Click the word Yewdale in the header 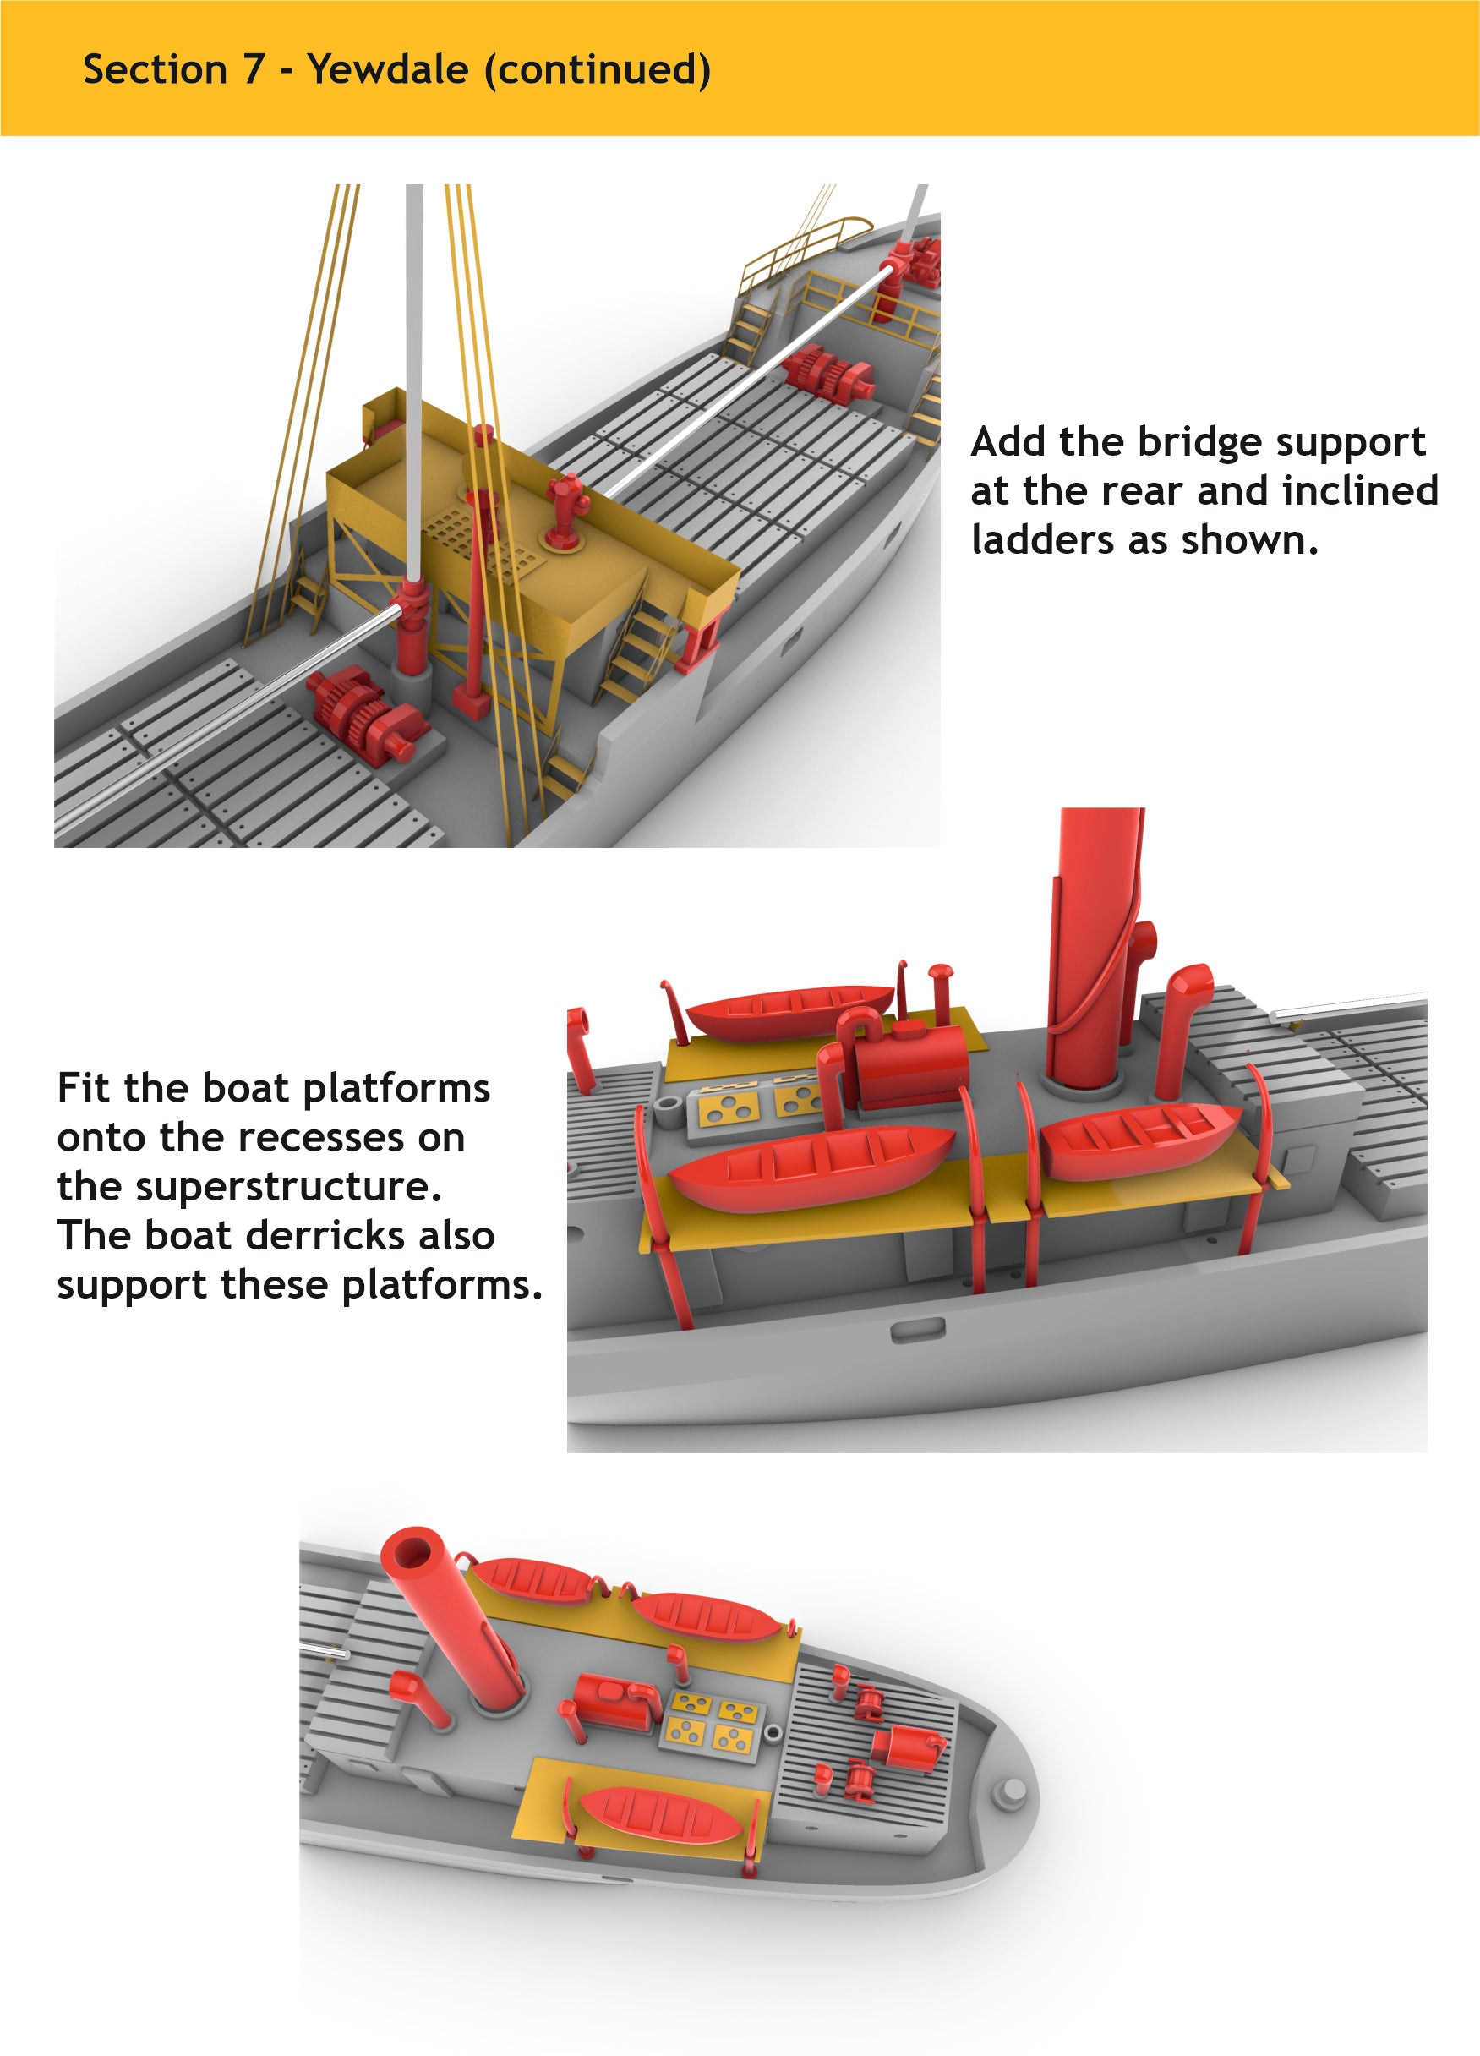pyautogui.click(x=387, y=70)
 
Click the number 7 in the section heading pyautogui.click(x=252, y=70)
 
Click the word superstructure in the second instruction pyautogui.click(x=289, y=1187)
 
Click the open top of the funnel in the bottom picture pyautogui.click(x=412, y=1554)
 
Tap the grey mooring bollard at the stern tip pyautogui.click(x=1012, y=1791)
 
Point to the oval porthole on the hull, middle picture pyautogui.click(x=917, y=1330)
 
